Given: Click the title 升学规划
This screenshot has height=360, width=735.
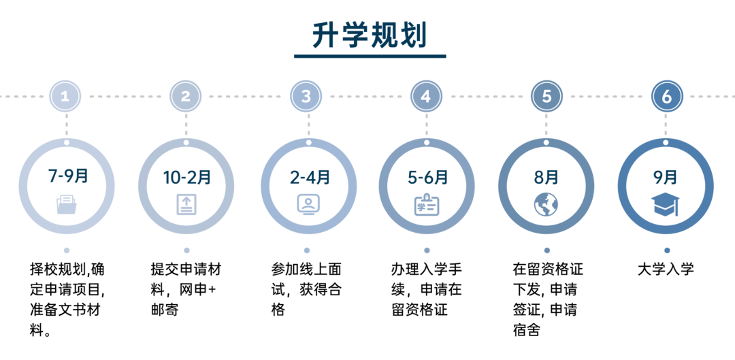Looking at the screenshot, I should (370, 35).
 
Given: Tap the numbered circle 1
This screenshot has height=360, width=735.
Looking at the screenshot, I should (65, 97).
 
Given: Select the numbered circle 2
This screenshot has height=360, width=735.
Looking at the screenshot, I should (185, 97).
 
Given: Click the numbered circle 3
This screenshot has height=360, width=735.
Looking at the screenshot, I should (306, 97).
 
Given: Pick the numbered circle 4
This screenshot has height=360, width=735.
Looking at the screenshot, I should (426, 97).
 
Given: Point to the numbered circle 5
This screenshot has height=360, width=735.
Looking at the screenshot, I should (546, 97).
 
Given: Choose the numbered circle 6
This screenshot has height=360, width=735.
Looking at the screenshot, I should (667, 97).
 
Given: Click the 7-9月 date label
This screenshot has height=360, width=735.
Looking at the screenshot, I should (68, 177).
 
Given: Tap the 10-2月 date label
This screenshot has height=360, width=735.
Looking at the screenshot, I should (187, 178).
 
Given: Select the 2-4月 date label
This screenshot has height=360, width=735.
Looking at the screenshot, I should (310, 178).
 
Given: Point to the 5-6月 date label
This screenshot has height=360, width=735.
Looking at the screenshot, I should (428, 178).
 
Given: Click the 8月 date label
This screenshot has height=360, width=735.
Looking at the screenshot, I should (546, 178).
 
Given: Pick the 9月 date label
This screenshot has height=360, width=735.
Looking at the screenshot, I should (666, 178).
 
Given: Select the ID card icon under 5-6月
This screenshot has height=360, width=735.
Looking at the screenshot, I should (427, 205).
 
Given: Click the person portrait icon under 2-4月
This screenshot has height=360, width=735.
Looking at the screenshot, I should (308, 204).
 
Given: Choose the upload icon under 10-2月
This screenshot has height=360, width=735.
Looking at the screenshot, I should (186, 204).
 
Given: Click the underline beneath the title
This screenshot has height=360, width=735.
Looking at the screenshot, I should (370, 56).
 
